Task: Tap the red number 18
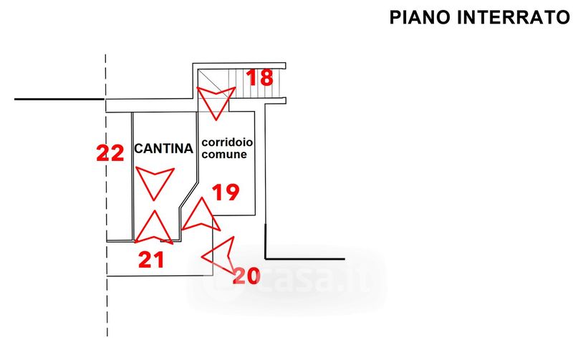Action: coord(260,77)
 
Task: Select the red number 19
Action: coord(226,192)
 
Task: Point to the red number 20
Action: coord(246,276)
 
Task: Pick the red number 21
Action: coord(151,260)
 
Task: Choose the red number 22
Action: coord(110,153)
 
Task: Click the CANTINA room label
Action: coord(164,149)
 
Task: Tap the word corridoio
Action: coord(227,142)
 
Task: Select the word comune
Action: coord(224,154)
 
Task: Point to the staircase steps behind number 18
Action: coord(256,83)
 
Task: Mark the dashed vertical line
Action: coord(106,195)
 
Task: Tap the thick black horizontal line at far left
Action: coord(59,99)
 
